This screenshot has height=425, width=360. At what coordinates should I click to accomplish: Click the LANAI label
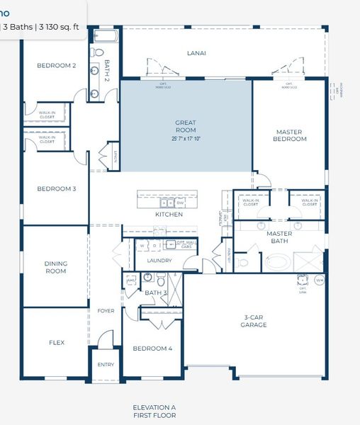(x=196, y=53)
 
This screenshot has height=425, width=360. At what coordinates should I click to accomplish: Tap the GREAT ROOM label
(x=186, y=127)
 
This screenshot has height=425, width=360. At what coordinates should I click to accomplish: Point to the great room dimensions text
(x=186, y=140)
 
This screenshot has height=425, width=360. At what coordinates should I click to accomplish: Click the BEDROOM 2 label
(x=57, y=65)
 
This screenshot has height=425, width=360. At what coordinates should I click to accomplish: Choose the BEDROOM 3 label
(x=57, y=188)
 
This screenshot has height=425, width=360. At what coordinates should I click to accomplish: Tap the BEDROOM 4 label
(x=152, y=348)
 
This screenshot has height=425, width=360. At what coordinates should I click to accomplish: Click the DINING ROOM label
(x=56, y=267)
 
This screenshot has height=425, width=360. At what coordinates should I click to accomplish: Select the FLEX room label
(x=57, y=343)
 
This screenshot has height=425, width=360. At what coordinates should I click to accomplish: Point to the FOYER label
(x=105, y=310)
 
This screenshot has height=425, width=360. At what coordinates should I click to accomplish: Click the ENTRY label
(x=105, y=365)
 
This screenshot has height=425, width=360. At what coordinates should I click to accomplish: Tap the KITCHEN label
(x=169, y=215)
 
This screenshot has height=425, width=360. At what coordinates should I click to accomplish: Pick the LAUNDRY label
(x=159, y=261)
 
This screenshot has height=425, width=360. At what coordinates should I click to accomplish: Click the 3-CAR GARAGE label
(x=253, y=321)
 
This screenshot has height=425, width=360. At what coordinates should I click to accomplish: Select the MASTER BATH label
(x=279, y=237)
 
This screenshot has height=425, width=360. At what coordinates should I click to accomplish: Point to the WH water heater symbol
(x=319, y=280)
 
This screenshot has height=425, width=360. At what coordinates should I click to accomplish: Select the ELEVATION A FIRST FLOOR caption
(x=154, y=412)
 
